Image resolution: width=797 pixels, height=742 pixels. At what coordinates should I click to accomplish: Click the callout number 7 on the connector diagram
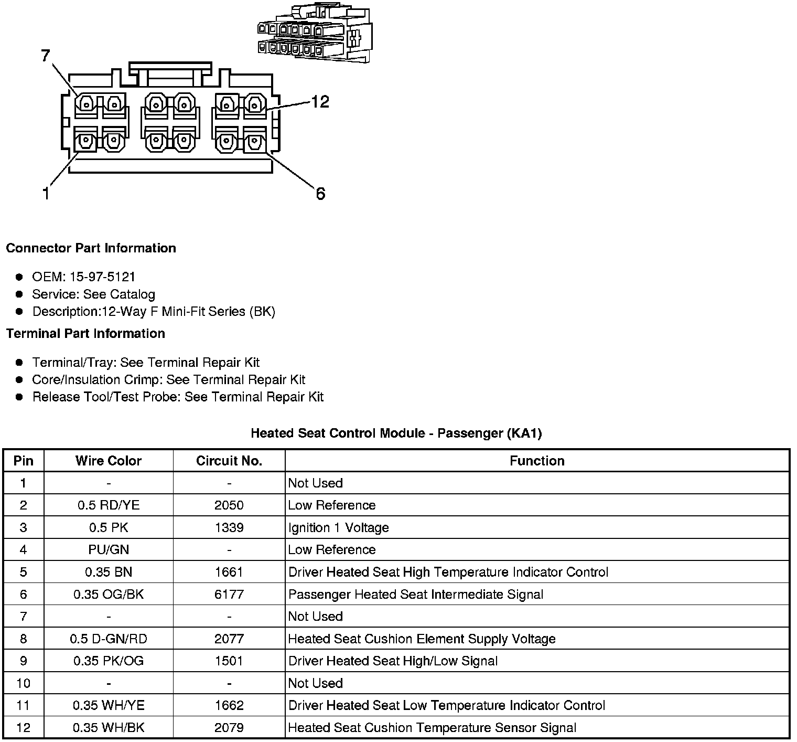coord(46,56)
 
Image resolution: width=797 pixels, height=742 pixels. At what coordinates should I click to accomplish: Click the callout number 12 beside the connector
coord(320,101)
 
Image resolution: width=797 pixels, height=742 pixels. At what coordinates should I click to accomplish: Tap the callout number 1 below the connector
coord(46,194)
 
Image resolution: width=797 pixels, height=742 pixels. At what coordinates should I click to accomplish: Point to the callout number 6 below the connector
coord(320,194)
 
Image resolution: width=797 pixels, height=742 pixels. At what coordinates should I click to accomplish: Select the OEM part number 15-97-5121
coord(102,277)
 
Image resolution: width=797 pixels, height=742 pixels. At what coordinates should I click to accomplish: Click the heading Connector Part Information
coord(91,248)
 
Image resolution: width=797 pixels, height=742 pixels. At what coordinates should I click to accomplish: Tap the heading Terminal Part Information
coord(85,334)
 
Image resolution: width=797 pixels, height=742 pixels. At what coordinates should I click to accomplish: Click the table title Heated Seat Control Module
coord(396,433)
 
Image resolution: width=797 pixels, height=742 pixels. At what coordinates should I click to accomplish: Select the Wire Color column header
coord(109,461)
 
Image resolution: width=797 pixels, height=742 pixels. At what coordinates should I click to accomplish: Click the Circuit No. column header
coord(229,461)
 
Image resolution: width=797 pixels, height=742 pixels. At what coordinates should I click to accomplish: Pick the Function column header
coord(537,461)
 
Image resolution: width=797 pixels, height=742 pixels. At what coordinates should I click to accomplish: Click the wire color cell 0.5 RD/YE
coord(109,505)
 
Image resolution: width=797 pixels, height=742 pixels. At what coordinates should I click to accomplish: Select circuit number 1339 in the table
coord(229,527)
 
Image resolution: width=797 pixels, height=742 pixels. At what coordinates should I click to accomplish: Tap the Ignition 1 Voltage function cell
coord(339,527)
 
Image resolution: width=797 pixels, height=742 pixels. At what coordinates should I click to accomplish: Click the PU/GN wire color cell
coord(109,550)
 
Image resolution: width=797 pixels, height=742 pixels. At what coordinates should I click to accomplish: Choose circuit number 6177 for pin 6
coord(229,595)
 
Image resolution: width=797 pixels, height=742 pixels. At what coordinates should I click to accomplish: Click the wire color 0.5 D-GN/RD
coord(109,639)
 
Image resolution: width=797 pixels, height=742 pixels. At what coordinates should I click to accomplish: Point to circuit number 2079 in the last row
coord(229,728)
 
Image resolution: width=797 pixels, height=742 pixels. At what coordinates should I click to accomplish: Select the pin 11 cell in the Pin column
coord(23,706)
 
